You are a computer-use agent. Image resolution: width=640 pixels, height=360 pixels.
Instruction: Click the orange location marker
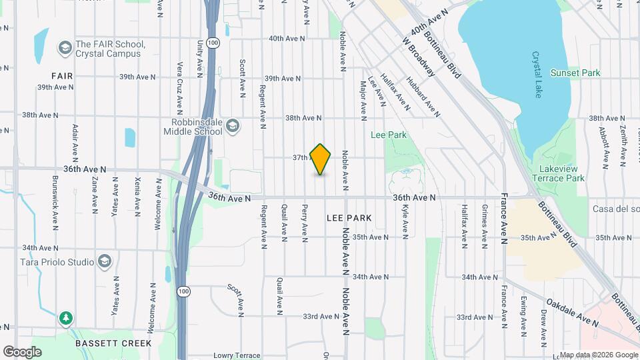pyautogui.click(x=321, y=159)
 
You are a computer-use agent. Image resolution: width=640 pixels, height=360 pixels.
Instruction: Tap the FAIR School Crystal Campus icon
pyautogui.click(x=65, y=48)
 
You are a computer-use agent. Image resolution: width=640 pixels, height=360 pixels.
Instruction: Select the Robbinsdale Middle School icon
pyautogui.click(x=233, y=127)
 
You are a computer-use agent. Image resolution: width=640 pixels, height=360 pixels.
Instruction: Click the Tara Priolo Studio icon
pyautogui.click(x=104, y=261)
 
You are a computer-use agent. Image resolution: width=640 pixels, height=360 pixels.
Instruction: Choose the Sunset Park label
pyautogui.click(x=575, y=73)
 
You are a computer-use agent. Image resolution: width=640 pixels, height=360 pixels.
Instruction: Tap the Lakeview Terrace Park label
pyautogui.click(x=559, y=173)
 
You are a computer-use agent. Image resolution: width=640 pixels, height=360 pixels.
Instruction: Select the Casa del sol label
pyautogui.click(x=615, y=209)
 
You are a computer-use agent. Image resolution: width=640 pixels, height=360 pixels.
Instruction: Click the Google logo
pyautogui.click(x=22, y=351)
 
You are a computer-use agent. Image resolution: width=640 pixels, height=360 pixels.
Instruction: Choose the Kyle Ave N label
pyautogui.click(x=405, y=222)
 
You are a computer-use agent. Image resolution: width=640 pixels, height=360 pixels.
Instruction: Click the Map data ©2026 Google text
pyautogui.click(x=598, y=354)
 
